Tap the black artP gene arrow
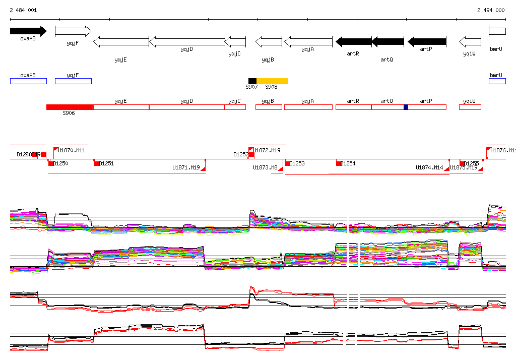click(427, 41)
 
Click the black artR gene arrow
click(353, 41)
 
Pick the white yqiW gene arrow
click(470, 41)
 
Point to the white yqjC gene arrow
click(235, 41)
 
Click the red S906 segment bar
click(69, 107)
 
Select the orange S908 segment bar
click(272, 81)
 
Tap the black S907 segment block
click(252, 81)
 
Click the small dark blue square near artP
click(406, 107)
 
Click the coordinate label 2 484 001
click(23, 10)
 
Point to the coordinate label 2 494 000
click(491, 10)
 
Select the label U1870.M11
click(72, 150)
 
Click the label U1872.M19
click(267, 150)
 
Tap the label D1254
click(348, 163)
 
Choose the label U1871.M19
click(186, 167)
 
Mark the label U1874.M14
click(429, 167)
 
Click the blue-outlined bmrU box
click(497, 81)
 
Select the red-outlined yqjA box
click(308, 107)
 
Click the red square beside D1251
click(97, 163)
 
